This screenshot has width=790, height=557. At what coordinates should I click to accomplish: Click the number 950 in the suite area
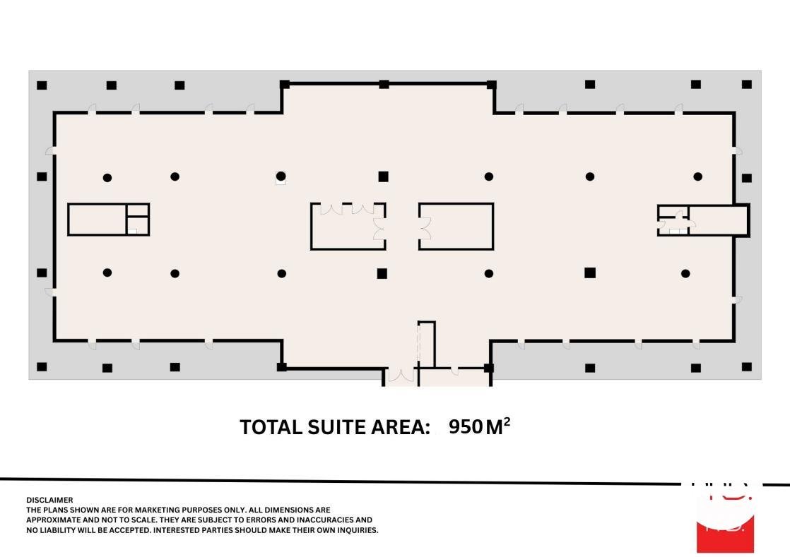point(465,427)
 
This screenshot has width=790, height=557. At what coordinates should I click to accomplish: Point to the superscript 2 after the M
point(507,421)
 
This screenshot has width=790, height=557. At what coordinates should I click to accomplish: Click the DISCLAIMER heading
point(49,500)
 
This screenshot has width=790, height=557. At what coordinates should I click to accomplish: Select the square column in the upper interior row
point(383,176)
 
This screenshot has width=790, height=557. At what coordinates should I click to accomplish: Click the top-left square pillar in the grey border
point(42,85)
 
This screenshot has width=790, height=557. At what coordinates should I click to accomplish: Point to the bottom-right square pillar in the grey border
point(747,366)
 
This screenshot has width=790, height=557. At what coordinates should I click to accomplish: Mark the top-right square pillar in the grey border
point(747,85)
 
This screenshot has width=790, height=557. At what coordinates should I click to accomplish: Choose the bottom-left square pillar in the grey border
point(42,366)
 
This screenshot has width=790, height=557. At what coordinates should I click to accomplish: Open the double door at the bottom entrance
point(400,376)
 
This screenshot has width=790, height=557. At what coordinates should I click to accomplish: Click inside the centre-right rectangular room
point(459,226)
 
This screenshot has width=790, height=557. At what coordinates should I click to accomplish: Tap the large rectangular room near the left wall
point(97,220)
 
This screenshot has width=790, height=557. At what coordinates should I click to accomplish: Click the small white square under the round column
point(281,182)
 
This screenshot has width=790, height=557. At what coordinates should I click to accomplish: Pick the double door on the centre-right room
point(425,227)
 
